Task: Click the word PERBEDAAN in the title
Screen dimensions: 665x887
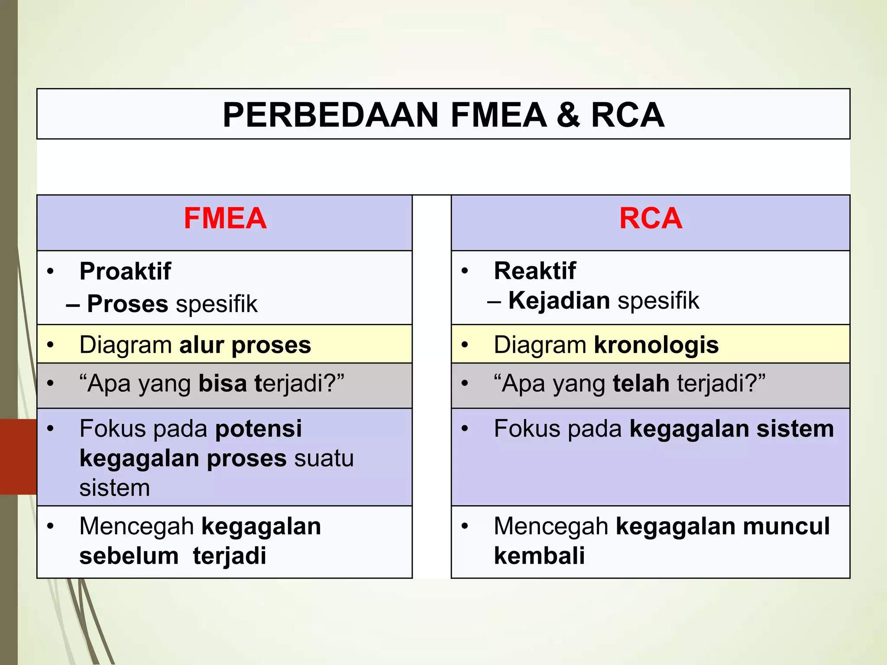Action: point(331,115)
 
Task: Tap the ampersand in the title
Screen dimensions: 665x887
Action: point(568,115)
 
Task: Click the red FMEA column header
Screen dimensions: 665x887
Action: point(225,218)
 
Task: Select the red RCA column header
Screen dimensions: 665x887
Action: point(651,218)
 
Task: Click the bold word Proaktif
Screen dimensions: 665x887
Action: point(125,271)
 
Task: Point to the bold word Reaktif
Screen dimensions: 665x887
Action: point(535,271)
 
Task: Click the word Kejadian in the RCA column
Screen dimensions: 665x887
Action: point(559,300)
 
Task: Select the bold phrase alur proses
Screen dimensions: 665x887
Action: point(245,345)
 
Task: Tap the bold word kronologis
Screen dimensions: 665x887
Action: point(656,345)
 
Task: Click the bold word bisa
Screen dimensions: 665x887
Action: point(223,384)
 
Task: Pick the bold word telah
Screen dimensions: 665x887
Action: point(641,384)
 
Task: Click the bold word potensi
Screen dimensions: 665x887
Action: point(259,429)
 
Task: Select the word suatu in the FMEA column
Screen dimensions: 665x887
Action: point(324,458)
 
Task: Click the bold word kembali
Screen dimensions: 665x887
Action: point(539,556)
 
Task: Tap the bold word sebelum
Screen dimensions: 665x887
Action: point(129,556)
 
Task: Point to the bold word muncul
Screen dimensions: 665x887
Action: point(786,526)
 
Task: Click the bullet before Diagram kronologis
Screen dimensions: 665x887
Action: point(465,345)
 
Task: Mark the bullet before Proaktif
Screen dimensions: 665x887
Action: point(51,271)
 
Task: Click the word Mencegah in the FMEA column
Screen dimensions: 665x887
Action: point(136,526)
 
